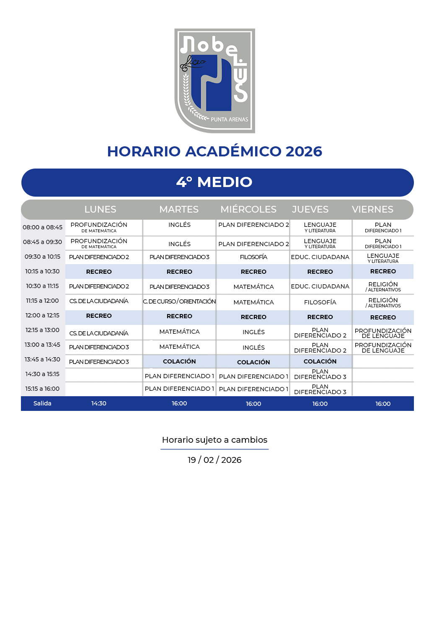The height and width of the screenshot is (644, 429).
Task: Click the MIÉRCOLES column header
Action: coord(248,209)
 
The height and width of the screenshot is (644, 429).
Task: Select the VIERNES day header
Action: coord(372,209)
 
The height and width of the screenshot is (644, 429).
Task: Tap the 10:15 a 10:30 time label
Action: coord(42,271)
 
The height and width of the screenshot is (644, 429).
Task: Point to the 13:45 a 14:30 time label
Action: coord(42,359)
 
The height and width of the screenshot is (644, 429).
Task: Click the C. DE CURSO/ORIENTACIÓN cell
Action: coord(179,301)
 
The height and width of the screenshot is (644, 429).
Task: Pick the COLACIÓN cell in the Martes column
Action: coord(179,361)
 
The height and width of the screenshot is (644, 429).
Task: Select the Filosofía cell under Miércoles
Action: coord(253,257)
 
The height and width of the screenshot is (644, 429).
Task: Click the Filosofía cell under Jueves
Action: coord(320,302)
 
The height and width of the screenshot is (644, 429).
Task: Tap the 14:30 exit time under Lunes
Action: coord(99,403)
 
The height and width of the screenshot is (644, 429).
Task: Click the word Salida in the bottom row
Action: coord(42,403)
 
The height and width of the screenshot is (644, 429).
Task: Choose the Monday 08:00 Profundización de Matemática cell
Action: coord(99,227)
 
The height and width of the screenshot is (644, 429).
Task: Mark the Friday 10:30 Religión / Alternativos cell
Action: coord(383,286)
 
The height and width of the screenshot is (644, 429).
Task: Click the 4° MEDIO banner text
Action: coord(214,182)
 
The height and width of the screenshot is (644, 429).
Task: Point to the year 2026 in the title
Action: coord(304,151)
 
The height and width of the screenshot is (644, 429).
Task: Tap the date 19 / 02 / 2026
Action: coord(214,460)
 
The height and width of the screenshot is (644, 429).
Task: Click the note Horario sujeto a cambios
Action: coord(214,440)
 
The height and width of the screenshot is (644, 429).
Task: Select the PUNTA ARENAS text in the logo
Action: coord(229,119)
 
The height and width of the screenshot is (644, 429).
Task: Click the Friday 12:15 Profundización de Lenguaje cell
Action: coord(383,333)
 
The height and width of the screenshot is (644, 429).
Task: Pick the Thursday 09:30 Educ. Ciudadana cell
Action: coord(320,257)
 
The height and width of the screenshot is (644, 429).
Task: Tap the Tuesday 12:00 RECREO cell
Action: coord(179,316)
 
